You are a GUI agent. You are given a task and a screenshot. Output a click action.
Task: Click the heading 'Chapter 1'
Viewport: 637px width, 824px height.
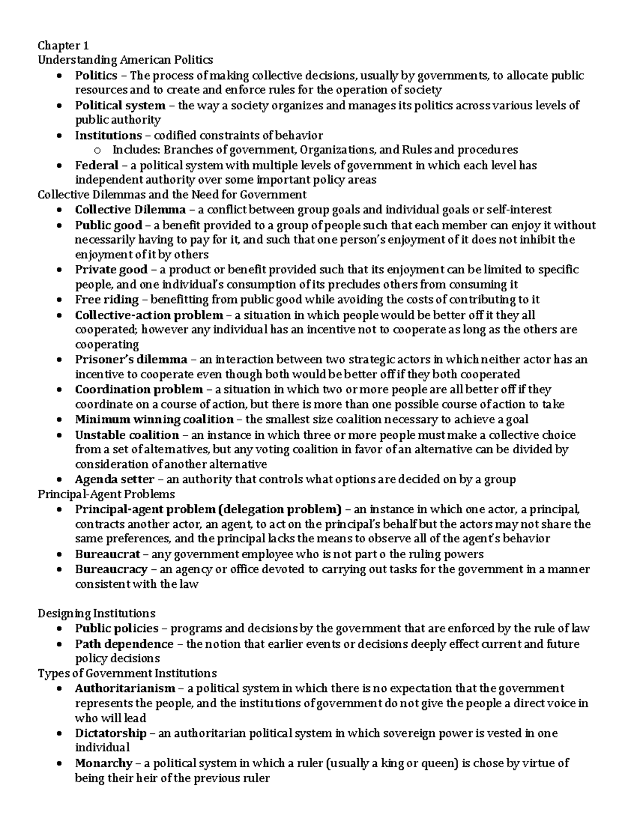pyautogui.click(x=59, y=45)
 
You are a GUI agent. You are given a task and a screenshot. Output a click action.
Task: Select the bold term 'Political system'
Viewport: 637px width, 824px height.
pyautogui.click(x=120, y=105)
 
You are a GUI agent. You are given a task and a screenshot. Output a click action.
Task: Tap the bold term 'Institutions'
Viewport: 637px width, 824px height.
pyautogui.click(x=108, y=135)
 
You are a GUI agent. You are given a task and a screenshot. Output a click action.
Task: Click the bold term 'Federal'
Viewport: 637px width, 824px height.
pyautogui.click(x=96, y=165)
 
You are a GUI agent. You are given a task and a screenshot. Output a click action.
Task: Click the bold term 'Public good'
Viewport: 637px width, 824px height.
pyautogui.click(x=108, y=225)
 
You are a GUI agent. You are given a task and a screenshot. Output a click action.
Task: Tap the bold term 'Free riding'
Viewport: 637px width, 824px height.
pyautogui.click(x=107, y=299)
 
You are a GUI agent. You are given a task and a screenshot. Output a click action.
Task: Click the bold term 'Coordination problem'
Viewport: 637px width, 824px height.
pyautogui.click(x=139, y=389)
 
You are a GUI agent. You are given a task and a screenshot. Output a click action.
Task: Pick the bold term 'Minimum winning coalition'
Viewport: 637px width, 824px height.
pyautogui.click(x=154, y=419)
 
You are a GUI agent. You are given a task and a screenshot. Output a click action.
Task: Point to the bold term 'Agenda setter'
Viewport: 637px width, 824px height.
pyautogui.click(x=115, y=479)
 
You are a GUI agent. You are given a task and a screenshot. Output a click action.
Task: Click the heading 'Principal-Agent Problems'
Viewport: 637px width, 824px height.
pyautogui.click(x=106, y=494)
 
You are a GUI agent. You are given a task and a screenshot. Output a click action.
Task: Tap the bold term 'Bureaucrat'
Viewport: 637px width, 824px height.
pyautogui.click(x=108, y=554)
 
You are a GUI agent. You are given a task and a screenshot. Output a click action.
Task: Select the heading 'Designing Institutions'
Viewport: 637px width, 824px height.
pyautogui.click(x=96, y=613)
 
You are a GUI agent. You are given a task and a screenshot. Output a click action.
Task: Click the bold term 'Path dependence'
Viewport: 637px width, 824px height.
pyautogui.click(x=124, y=644)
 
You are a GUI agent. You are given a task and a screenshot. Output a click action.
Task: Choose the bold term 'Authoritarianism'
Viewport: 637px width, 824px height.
pyautogui.click(x=125, y=688)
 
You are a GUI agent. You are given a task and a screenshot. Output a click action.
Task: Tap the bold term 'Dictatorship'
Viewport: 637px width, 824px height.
pyautogui.click(x=110, y=733)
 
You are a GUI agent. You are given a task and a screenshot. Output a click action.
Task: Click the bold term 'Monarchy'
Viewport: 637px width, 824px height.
pyautogui.click(x=103, y=763)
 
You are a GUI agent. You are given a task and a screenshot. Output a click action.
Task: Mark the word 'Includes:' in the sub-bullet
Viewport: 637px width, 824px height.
pyautogui.click(x=131, y=150)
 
